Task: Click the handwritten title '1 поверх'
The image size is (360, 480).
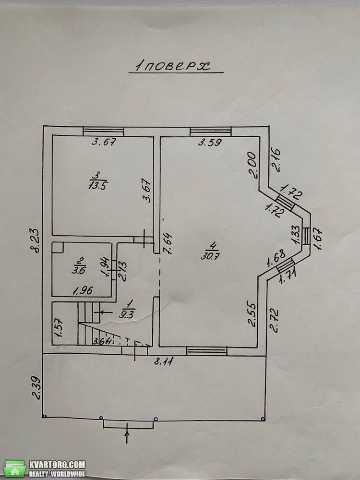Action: tap(174, 66)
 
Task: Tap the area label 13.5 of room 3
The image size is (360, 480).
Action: tap(98, 185)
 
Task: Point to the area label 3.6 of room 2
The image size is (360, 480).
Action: tap(77, 270)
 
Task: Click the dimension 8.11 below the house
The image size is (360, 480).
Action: tap(164, 361)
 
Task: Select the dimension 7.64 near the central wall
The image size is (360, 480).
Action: tap(168, 243)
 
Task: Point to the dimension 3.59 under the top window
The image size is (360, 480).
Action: tap(210, 143)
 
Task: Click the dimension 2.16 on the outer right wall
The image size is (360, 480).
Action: tap(276, 159)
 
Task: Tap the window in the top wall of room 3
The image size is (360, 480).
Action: tap(104, 132)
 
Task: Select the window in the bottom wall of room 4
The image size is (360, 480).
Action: tap(207, 351)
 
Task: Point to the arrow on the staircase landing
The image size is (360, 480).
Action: tap(102, 312)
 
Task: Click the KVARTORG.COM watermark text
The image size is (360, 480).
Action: tap(57, 464)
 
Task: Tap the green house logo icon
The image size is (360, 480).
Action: tap(15, 468)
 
